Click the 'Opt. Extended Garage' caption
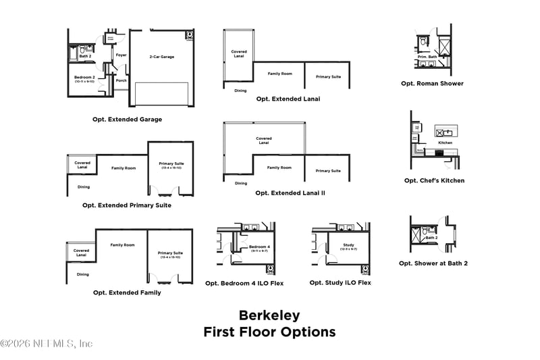point(127,120)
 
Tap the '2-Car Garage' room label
point(161,57)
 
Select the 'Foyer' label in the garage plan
point(121,55)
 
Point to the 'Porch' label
point(121,80)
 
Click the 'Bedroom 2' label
point(84,77)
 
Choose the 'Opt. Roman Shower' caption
point(432,84)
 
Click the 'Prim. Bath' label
point(427,56)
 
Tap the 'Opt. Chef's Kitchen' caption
point(434,180)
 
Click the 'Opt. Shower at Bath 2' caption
point(433,263)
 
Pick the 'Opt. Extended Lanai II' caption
point(290,192)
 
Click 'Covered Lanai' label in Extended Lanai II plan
point(264,141)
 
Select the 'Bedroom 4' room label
point(259,247)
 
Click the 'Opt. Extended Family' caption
point(127,292)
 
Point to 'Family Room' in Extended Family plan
point(122,245)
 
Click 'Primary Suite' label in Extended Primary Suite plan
point(171,164)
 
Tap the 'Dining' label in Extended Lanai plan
point(240,91)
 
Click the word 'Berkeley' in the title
point(269,315)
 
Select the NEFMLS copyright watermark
point(47,344)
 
